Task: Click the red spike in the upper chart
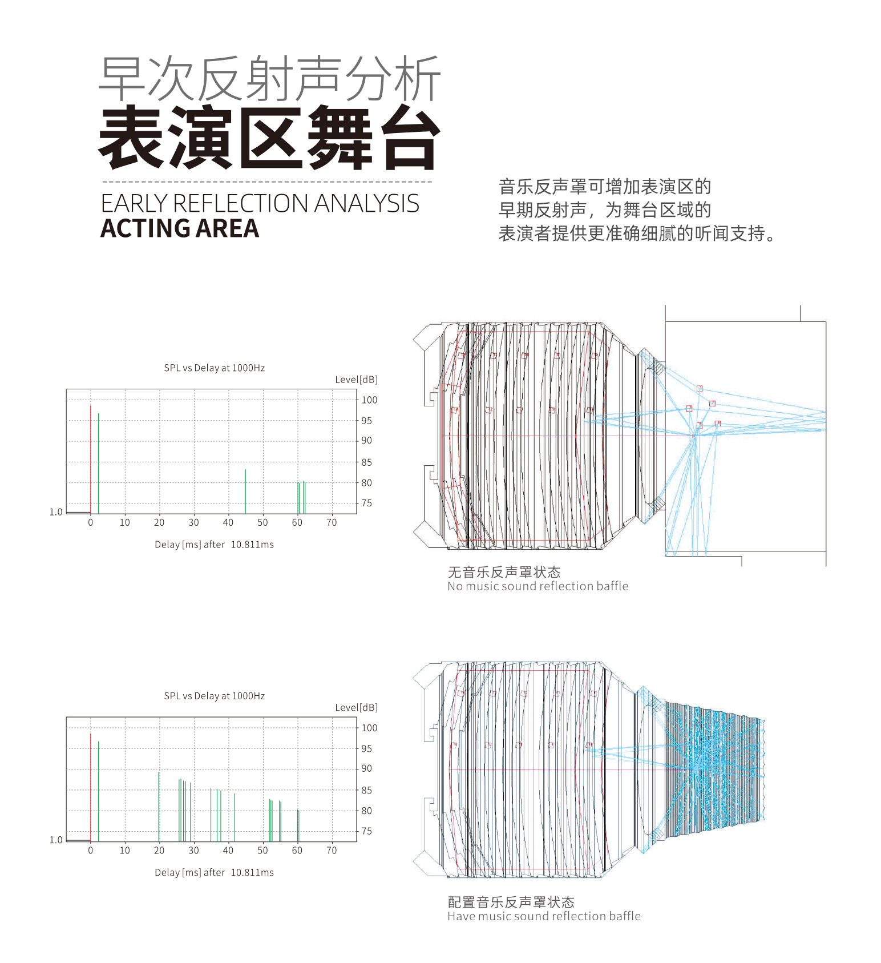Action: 91,460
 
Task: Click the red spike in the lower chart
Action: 91,787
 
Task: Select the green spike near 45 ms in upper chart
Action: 245,491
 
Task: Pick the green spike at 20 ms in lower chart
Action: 159,807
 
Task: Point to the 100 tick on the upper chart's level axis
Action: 369,400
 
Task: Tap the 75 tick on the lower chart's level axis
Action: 366,831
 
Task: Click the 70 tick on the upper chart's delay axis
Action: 332,522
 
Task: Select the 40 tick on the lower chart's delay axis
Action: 228,850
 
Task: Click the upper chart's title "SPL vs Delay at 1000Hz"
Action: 215,368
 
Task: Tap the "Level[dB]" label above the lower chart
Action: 356,708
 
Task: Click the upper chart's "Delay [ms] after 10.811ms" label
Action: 215,545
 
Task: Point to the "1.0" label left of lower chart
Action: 56,840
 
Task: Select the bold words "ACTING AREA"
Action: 180,228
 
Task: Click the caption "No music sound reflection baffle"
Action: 538,586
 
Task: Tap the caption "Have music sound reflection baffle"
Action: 544,916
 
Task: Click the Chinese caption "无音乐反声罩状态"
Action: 504,572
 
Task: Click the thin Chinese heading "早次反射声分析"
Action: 270,78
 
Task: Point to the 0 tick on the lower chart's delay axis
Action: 91,850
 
